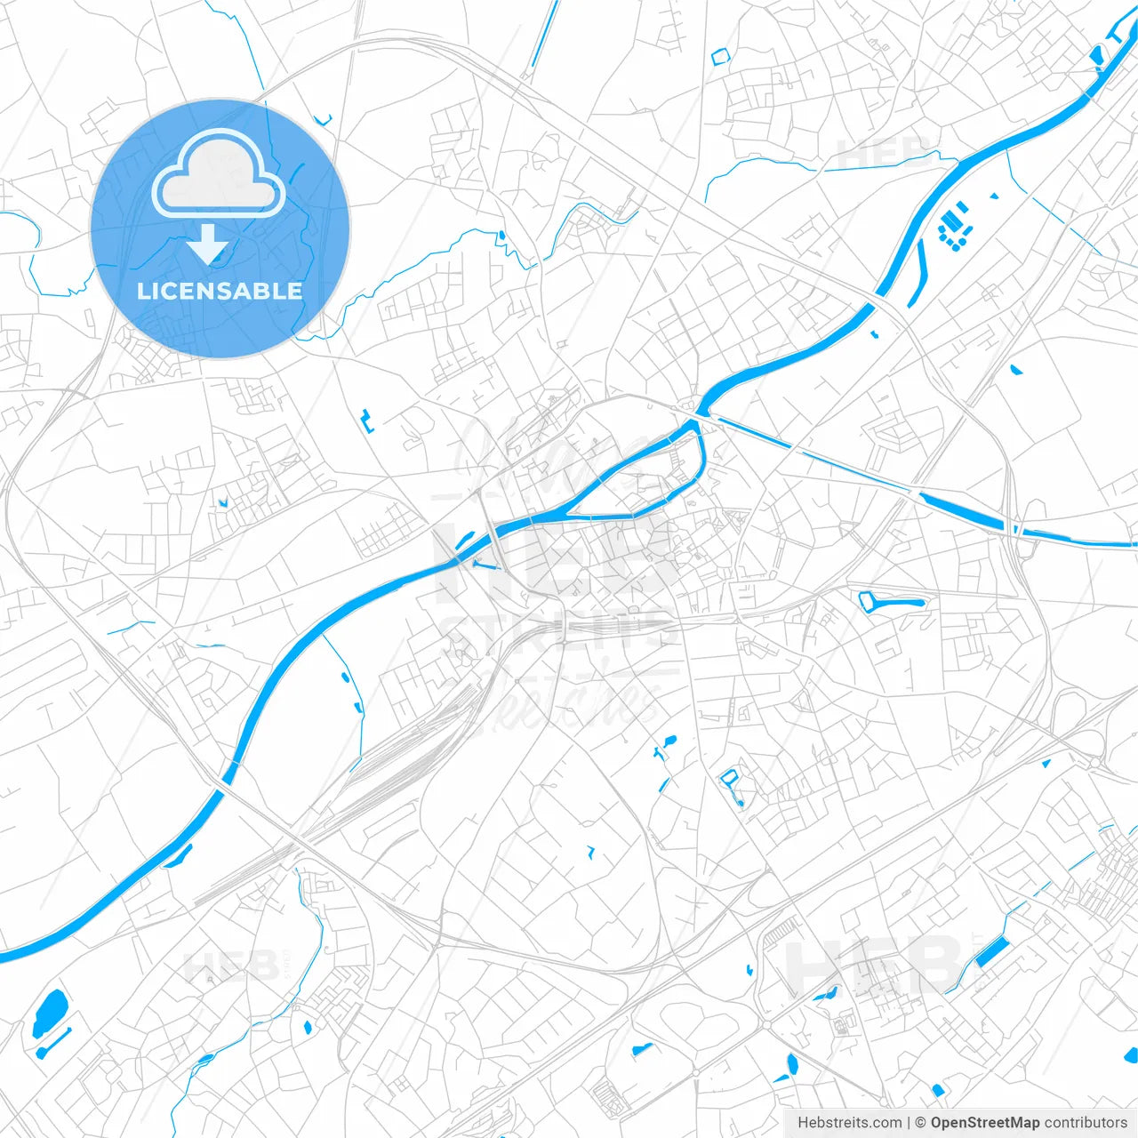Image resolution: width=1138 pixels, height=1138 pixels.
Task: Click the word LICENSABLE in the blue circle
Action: coord(220,291)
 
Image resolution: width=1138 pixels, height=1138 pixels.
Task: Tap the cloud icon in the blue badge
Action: coord(219,173)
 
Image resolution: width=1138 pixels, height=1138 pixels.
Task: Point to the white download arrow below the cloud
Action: coord(208,244)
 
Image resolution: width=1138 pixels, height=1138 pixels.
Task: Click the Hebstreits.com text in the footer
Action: coord(849,1123)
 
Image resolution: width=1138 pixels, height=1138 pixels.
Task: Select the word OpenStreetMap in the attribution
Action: coord(984,1123)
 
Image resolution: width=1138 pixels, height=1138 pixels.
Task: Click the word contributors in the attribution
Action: coord(1085,1123)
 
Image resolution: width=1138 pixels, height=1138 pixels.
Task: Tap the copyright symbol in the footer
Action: coord(920,1123)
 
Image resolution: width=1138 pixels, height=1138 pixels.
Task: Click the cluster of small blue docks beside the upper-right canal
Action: coord(955,228)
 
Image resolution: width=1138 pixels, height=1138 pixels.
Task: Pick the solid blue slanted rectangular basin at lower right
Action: coord(990,952)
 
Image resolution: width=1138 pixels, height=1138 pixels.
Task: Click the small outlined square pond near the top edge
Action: coord(719,56)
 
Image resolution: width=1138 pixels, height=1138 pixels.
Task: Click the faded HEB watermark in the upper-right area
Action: coord(885,151)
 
